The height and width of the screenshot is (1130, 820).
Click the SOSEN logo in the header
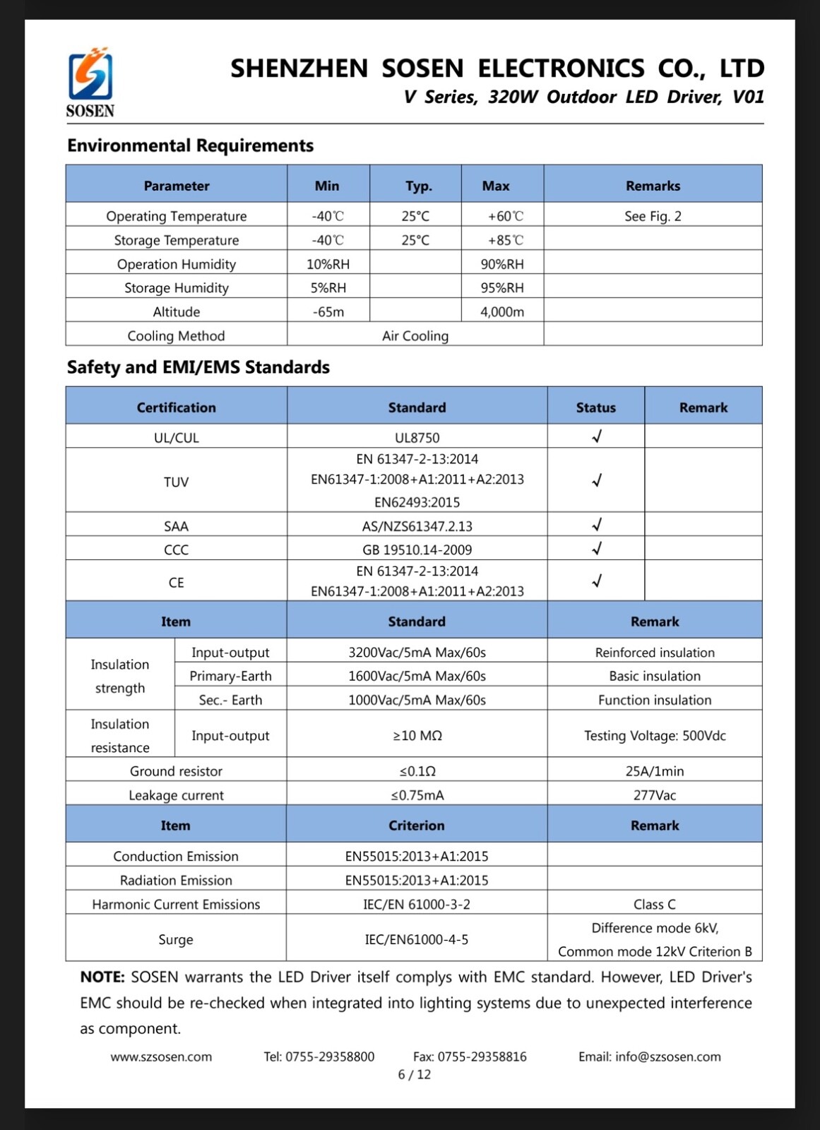[x=90, y=82]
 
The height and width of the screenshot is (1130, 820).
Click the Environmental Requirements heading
[x=190, y=145]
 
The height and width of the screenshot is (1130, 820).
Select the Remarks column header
[x=653, y=186]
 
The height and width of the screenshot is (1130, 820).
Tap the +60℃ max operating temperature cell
[x=506, y=216]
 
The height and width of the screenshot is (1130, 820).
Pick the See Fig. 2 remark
[x=653, y=216]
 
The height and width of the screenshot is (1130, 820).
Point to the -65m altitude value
[x=328, y=311]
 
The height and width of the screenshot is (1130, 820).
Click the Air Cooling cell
[x=415, y=335]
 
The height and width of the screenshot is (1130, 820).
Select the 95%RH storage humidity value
[x=502, y=287]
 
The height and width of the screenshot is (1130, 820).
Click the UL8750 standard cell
[x=417, y=437]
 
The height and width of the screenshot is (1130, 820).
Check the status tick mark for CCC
[x=597, y=548]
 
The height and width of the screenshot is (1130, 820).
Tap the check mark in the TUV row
[x=597, y=480]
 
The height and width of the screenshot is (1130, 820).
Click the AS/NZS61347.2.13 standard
[x=417, y=526]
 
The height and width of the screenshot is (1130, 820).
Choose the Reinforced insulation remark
[x=655, y=653]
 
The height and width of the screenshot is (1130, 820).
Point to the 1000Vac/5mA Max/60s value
[x=417, y=700]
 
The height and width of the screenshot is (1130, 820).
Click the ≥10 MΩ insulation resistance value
[x=417, y=735]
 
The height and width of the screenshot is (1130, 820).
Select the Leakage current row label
[x=176, y=795]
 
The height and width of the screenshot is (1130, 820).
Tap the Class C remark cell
[x=655, y=904]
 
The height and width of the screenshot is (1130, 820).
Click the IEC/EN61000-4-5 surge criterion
[x=417, y=939]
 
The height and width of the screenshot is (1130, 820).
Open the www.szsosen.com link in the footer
[x=161, y=1057]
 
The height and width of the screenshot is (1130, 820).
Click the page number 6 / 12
[x=415, y=1075]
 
